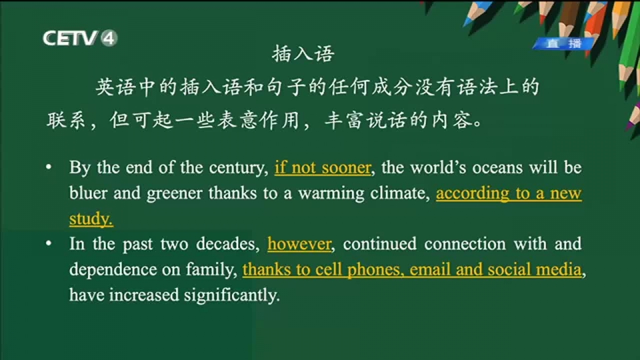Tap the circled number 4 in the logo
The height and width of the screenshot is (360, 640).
(109, 39)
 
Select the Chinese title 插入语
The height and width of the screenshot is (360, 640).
(303, 54)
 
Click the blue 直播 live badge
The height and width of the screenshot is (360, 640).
(564, 43)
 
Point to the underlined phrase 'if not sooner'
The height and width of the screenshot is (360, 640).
(323, 168)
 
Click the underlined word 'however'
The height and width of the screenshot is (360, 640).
(299, 244)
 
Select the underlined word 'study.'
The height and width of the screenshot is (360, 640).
(91, 219)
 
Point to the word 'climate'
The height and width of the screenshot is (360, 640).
(398, 193)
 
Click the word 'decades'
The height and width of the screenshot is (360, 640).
(226, 244)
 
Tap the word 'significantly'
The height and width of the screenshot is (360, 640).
(231, 295)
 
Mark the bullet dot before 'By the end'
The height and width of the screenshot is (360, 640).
(49, 167)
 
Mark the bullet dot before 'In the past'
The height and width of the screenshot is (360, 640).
(49, 244)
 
